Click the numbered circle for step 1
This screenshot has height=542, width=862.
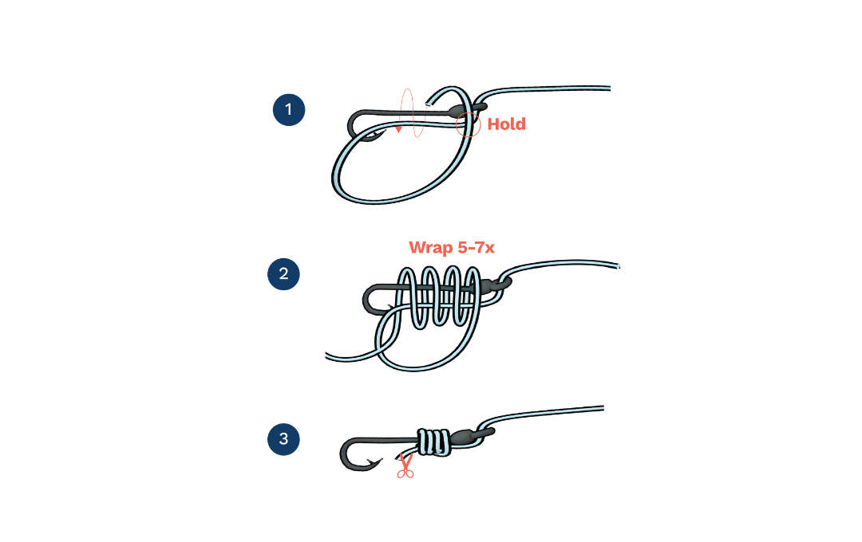click(x=289, y=110)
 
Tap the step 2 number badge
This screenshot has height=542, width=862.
click(x=283, y=274)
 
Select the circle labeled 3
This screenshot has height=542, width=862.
click(x=283, y=439)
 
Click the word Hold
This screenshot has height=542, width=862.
click(x=506, y=124)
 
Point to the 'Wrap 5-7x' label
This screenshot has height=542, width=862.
click(x=451, y=248)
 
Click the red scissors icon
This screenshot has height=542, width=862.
click(x=405, y=469)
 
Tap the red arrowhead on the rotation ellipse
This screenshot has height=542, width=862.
click(x=398, y=129)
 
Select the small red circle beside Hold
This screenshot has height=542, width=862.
click(x=469, y=122)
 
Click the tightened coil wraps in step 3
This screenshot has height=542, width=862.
click(x=434, y=442)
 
